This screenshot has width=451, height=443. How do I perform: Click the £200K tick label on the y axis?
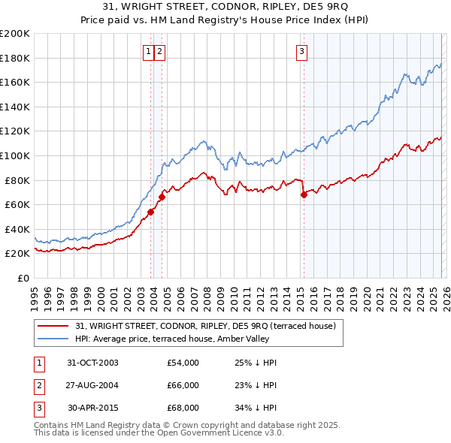click(15, 34)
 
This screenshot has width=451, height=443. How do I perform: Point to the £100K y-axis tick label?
click(15, 155)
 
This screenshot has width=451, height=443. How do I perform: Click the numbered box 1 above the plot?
click(148, 51)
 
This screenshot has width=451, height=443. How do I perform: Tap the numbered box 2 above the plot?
click(161, 51)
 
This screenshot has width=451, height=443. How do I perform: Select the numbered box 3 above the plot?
click(301, 51)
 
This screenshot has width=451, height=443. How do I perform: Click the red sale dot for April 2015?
click(304, 194)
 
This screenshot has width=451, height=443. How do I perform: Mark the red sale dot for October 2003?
click(151, 212)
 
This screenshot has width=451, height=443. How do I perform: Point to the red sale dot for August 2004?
click(162, 197)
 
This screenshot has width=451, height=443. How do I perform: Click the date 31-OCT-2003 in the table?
click(92, 363)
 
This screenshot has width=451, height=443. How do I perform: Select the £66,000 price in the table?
click(183, 385)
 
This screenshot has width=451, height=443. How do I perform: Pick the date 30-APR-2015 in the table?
click(92, 408)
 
